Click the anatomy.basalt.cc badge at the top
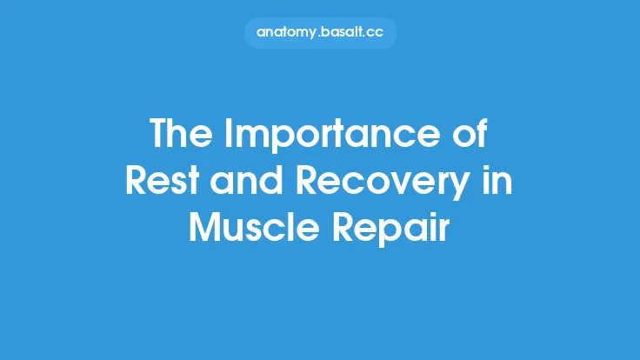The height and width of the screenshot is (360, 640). click(320, 32)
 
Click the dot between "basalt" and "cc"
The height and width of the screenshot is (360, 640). click(365, 36)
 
